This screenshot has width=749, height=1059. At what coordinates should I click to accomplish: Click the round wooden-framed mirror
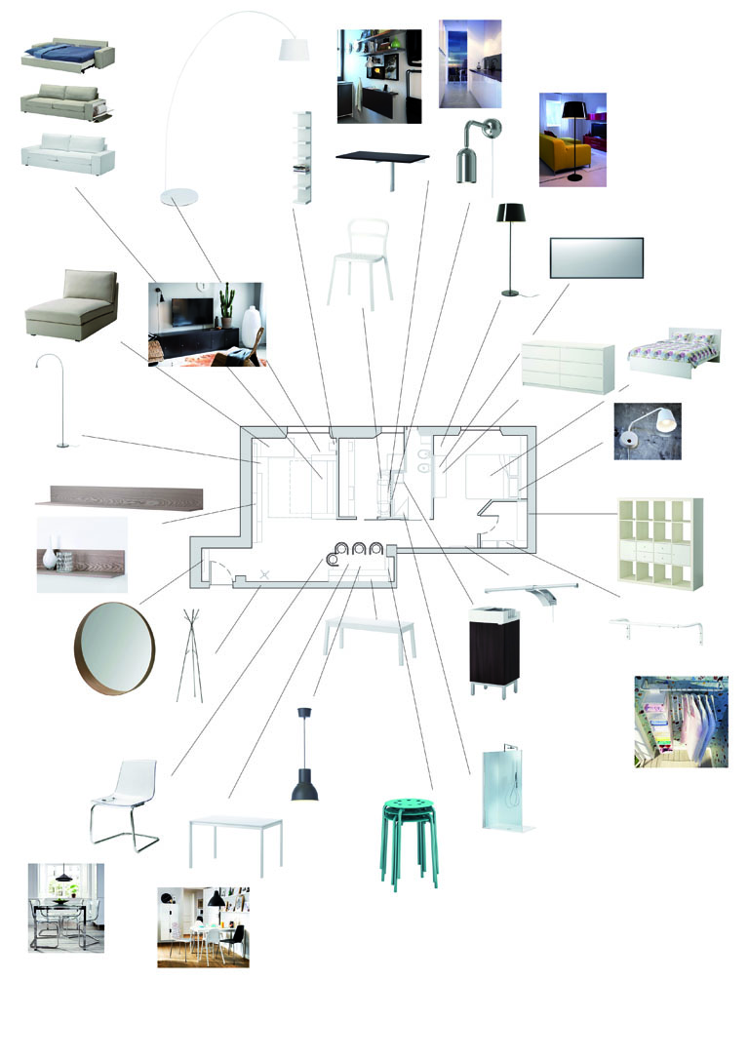(x=115, y=648)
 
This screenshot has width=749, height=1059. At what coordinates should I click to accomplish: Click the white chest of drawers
(x=568, y=367)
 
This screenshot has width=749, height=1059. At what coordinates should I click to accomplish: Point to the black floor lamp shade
(x=511, y=214)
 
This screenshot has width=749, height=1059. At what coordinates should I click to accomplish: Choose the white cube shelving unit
(x=659, y=542)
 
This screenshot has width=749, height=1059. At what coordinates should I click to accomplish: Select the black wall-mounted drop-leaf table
(x=382, y=160)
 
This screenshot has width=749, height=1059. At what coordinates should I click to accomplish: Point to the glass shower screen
(x=505, y=790)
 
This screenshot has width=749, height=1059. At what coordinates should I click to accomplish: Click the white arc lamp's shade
(x=294, y=50)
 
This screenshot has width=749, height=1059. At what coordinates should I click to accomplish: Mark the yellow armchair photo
(x=572, y=138)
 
